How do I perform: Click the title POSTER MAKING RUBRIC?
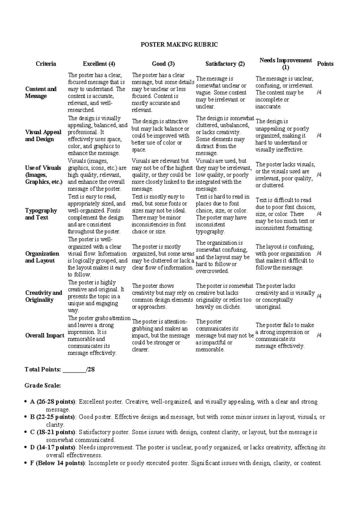[x=179, y=45]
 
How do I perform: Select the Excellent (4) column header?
[x=99, y=64]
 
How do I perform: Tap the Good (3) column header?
[x=163, y=64]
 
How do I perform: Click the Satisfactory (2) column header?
[x=225, y=64]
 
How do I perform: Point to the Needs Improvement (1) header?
[x=286, y=64]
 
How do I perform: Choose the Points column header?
[x=325, y=64]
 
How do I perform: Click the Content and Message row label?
[x=41, y=92]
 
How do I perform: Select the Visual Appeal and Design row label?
[x=43, y=136]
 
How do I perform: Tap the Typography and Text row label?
[x=41, y=214]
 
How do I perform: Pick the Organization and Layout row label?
[x=42, y=257]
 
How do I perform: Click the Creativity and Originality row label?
[x=43, y=296]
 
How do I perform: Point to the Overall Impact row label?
[x=45, y=336]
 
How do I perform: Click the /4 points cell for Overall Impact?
[x=319, y=336]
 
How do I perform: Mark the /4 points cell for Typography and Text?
[x=319, y=214]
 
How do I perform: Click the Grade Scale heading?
[x=43, y=386]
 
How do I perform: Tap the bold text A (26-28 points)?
[x=53, y=402]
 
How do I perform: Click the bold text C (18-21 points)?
[x=53, y=432]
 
